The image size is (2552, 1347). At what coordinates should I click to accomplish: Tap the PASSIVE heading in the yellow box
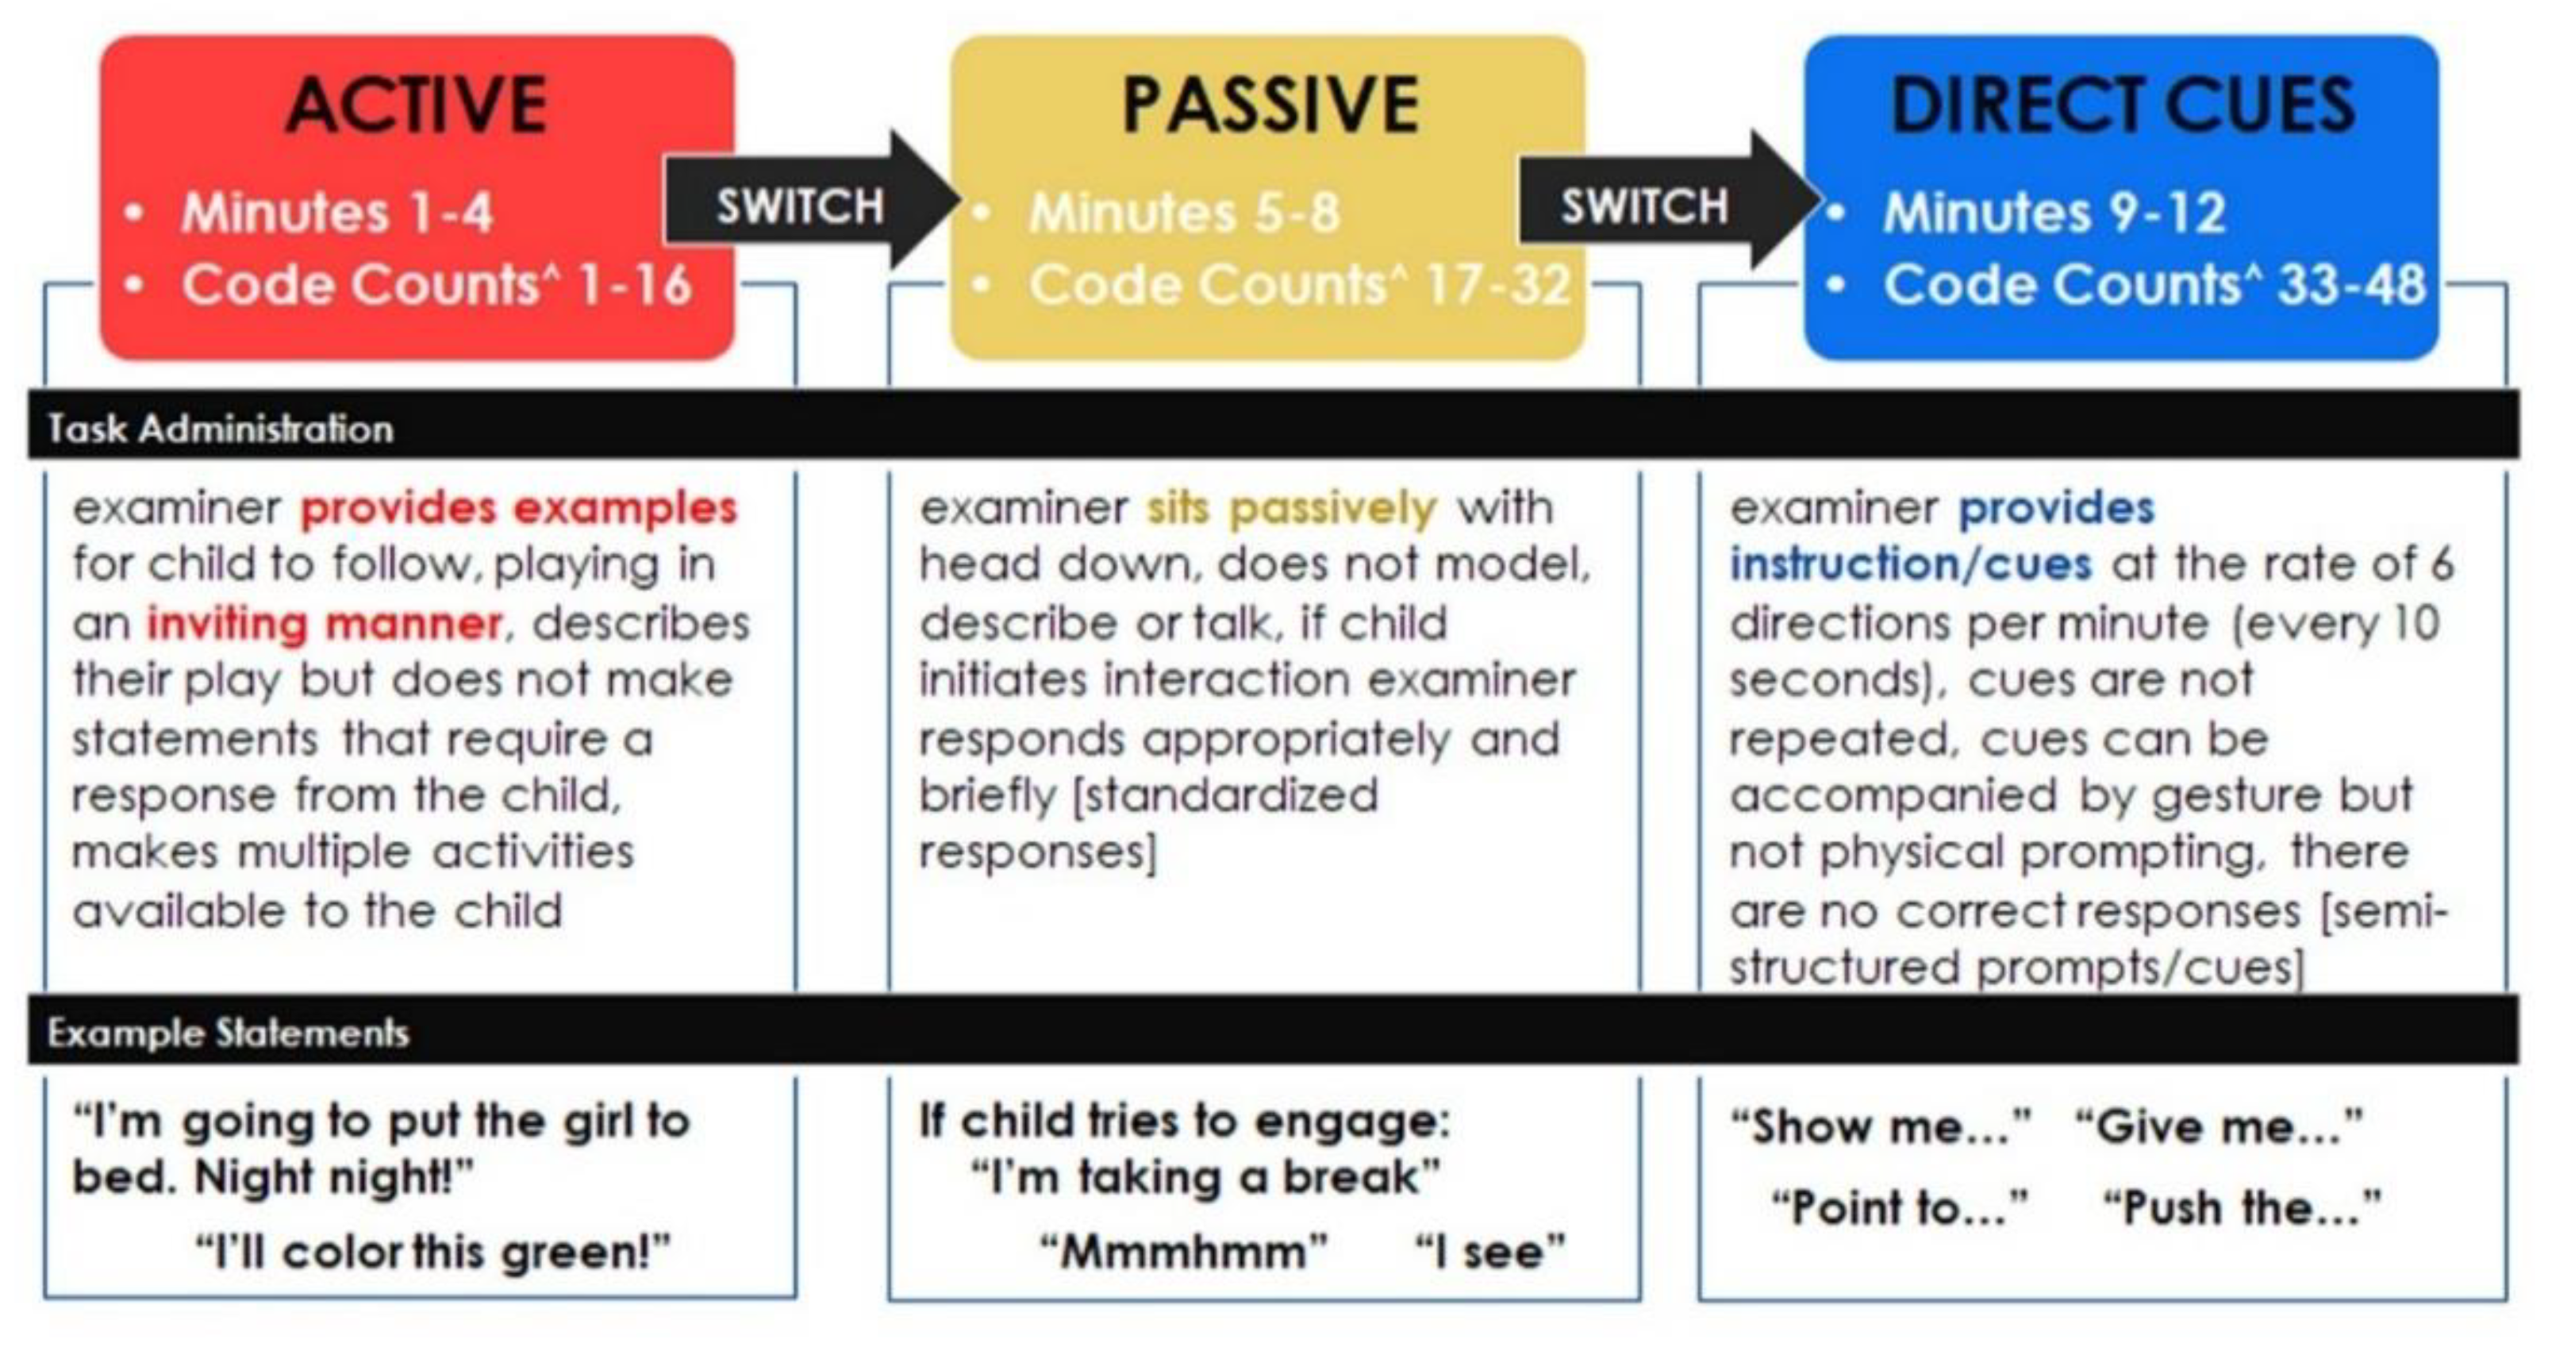click(1271, 105)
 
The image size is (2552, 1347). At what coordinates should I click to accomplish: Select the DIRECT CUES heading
click(2122, 105)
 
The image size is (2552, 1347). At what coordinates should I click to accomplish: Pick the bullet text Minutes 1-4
click(336, 212)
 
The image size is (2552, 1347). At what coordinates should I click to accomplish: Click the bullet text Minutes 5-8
click(1185, 212)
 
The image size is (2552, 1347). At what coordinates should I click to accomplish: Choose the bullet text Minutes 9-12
click(2054, 212)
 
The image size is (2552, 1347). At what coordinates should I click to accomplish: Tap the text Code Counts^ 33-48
click(2154, 286)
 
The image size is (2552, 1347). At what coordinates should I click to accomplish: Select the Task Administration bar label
click(220, 428)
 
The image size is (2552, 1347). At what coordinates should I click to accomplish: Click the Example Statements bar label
click(228, 1033)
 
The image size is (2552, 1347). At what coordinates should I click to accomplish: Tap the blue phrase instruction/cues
click(1911, 565)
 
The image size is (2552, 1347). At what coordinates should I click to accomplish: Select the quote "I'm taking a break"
click(1205, 1177)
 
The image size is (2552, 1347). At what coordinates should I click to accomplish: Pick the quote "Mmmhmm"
click(1184, 1252)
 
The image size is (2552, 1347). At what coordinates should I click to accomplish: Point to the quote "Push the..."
click(2243, 1208)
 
